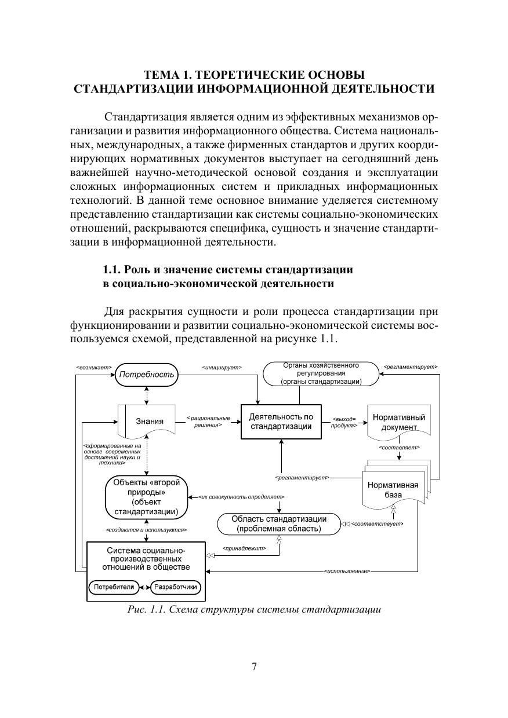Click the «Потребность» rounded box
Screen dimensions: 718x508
pos(146,374)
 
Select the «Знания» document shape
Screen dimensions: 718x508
pos(150,421)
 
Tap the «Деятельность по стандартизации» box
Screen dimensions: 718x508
pos(281,422)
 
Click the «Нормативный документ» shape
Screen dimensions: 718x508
pos(399,422)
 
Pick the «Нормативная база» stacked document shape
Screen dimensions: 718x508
pos(393,490)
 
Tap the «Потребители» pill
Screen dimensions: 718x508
pos(113,587)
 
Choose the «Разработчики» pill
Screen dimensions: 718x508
pos(176,587)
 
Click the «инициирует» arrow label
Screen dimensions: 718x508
pos(222,367)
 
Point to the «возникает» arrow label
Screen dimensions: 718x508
pos(93,367)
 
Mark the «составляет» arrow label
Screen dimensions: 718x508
pos(399,447)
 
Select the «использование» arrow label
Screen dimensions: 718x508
pos(347,572)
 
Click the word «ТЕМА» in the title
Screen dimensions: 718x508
pos(163,75)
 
